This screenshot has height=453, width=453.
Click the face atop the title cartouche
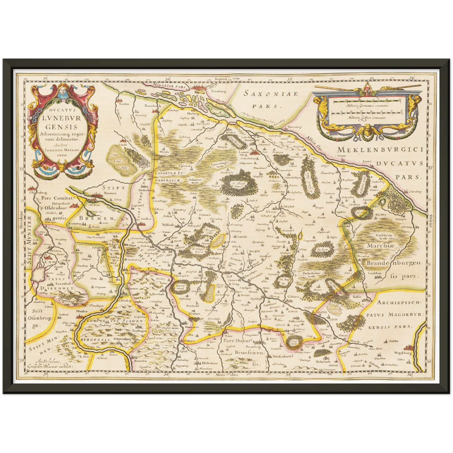tap(61, 91)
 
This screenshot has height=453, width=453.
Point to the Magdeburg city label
tap(403, 353)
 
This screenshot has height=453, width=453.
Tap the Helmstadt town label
tap(323, 361)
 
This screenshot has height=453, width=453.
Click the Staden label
tap(123, 104)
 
